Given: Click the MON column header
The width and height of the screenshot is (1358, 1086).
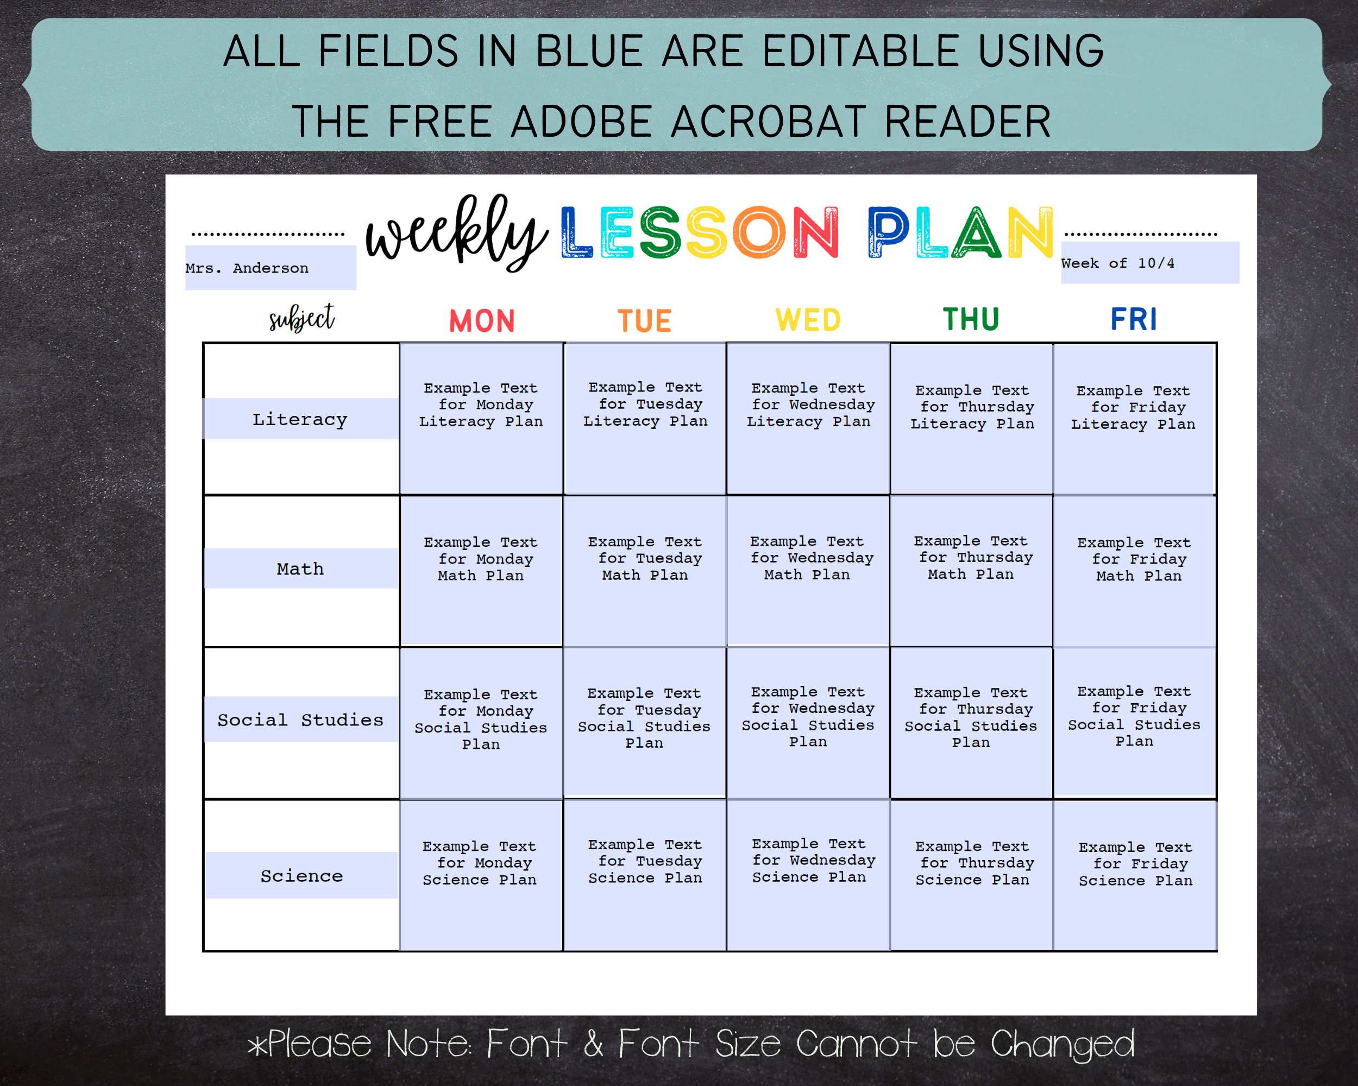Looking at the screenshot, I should (482, 321).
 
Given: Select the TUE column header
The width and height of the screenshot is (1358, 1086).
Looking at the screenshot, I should (644, 321).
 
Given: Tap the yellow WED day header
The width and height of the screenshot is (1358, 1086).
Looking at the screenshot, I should (808, 320).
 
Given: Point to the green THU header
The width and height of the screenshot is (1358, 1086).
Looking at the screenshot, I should (971, 319).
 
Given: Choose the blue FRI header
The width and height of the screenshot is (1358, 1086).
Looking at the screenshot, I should (1134, 319).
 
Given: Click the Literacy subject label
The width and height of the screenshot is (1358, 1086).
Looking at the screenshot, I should (300, 419).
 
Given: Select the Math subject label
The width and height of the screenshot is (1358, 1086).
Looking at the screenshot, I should (300, 569).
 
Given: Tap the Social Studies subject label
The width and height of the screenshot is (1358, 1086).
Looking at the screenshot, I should (300, 719).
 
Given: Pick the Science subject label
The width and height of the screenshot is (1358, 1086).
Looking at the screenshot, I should (301, 876).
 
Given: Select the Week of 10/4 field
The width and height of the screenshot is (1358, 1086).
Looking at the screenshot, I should (1149, 263).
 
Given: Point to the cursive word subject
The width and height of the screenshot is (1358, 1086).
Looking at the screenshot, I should (301, 319).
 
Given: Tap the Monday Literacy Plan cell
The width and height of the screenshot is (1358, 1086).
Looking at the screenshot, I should (481, 419).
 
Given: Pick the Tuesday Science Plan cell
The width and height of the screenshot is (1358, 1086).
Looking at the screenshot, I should (644, 875).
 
